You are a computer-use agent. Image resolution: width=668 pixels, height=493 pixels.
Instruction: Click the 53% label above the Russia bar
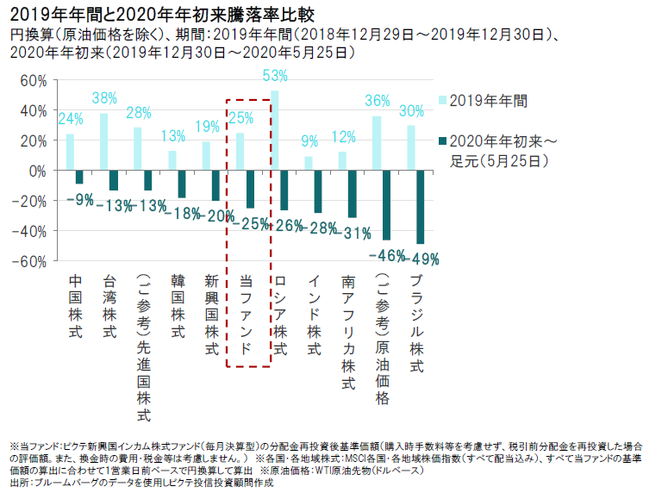[275, 76]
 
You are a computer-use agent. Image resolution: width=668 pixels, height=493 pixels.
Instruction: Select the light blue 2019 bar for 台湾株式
[104, 141]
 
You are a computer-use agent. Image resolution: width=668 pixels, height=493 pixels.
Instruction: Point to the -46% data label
[387, 255]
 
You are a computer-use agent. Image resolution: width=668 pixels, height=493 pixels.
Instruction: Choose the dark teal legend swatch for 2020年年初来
[442, 140]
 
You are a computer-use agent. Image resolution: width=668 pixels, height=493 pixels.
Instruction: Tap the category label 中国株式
[75, 306]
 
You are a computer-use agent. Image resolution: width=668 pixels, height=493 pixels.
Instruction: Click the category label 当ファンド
[245, 315]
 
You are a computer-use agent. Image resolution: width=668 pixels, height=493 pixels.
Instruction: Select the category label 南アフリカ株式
[347, 333]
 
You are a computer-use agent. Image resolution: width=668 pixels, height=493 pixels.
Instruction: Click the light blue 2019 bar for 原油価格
[377, 143]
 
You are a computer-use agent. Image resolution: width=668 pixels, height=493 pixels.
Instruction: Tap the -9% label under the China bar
[80, 200]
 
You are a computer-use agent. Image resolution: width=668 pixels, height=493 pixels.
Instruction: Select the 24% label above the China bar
[71, 119]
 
